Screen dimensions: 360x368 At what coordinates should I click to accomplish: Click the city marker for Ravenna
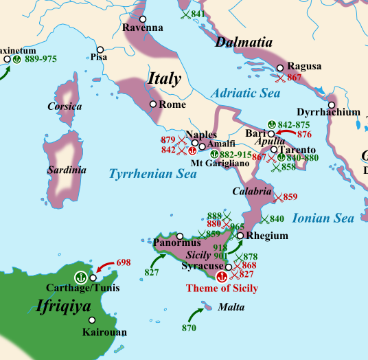point(143,19)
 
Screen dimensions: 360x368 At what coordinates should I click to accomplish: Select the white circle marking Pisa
point(100,49)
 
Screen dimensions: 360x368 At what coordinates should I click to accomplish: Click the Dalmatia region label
point(244,43)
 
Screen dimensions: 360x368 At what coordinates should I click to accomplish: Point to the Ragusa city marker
point(280,67)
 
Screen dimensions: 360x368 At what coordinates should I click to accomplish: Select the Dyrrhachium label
point(328,111)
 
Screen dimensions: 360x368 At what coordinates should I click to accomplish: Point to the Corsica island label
point(65,106)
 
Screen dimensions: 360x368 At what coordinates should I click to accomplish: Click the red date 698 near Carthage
point(124,263)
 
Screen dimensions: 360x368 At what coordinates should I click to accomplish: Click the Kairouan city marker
point(92,319)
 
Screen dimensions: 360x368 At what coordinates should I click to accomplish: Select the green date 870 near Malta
point(189,328)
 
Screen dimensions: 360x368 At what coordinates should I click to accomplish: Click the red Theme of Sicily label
point(222,289)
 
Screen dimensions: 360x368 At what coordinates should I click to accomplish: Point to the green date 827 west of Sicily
point(152,272)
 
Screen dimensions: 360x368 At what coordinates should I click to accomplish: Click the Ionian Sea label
point(323,218)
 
